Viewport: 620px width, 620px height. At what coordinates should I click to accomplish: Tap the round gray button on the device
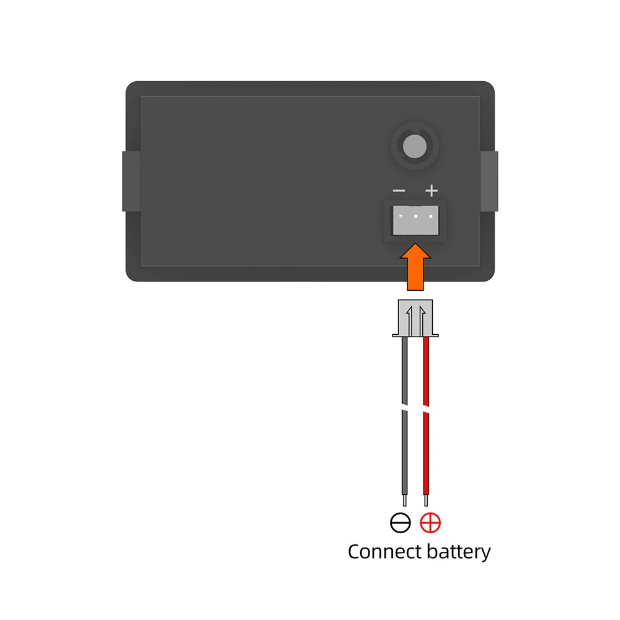(x=414, y=146)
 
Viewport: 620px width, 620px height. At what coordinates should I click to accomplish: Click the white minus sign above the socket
(x=399, y=191)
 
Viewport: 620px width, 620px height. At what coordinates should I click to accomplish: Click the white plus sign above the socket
(x=432, y=190)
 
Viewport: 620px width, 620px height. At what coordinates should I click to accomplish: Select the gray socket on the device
(x=415, y=220)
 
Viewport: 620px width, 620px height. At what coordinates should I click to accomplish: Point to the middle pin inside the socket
(x=415, y=216)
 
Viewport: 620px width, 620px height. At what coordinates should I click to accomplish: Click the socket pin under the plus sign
(x=431, y=216)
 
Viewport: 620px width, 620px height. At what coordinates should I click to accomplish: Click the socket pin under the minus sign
(x=401, y=216)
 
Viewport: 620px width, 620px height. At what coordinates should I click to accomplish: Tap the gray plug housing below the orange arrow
(x=415, y=318)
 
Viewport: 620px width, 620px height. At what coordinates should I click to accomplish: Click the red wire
(x=426, y=415)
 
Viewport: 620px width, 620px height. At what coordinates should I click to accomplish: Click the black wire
(x=404, y=415)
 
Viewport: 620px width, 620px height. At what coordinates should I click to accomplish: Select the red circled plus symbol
(x=430, y=523)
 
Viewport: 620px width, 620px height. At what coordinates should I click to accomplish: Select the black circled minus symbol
(x=400, y=523)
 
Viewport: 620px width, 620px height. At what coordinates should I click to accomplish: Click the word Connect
(x=382, y=552)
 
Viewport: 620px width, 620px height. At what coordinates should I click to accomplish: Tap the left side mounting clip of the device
(x=131, y=181)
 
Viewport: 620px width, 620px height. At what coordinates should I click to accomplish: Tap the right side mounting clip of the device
(x=489, y=181)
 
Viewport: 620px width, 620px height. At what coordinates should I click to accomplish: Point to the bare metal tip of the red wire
(x=426, y=500)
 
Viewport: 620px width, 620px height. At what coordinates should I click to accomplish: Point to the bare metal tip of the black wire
(x=404, y=500)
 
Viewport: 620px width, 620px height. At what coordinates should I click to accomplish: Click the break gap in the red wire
(x=426, y=409)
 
